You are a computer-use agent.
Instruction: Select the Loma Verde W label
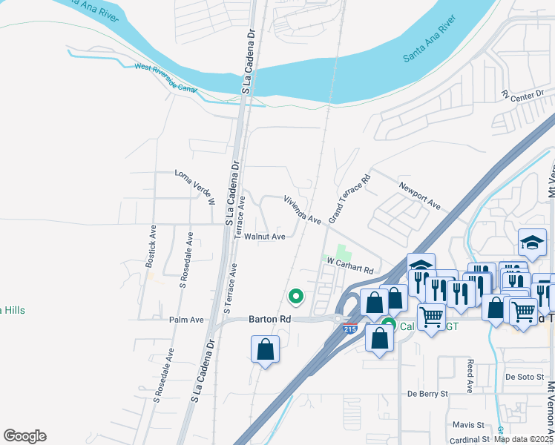[194, 187]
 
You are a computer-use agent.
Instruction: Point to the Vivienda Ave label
[302, 210]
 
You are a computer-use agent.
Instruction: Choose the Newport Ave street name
[420, 196]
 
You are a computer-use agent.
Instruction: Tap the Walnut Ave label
[265, 237]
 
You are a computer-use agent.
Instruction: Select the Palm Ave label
[186, 320]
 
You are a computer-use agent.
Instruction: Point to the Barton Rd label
[269, 320]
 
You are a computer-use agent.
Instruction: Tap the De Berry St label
[429, 393]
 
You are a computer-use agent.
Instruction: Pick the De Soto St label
[525, 377]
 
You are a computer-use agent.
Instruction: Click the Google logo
[24, 436]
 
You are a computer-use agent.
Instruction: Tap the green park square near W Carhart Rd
[342, 253]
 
